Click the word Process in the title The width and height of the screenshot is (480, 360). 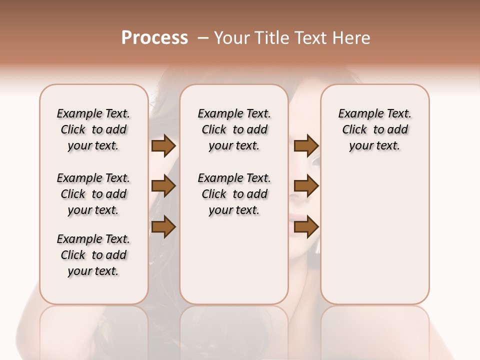pyautogui.click(x=154, y=38)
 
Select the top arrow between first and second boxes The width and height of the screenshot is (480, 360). pyautogui.click(x=163, y=146)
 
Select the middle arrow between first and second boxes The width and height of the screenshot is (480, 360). pyautogui.click(x=163, y=186)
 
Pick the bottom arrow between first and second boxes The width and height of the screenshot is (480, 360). pyautogui.click(x=163, y=227)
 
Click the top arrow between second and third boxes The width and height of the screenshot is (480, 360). pyautogui.click(x=306, y=146)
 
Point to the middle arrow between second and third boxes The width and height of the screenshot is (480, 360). pyautogui.click(x=306, y=186)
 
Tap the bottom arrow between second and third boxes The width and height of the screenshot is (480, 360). pyautogui.click(x=306, y=227)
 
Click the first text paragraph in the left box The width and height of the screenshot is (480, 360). pyautogui.click(x=93, y=129)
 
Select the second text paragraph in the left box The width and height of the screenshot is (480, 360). pyautogui.click(x=93, y=194)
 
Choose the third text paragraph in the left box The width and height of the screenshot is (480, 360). pyautogui.click(x=93, y=255)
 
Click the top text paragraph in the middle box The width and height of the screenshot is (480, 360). pyautogui.click(x=234, y=129)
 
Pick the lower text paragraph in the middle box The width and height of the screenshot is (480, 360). pyautogui.click(x=234, y=194)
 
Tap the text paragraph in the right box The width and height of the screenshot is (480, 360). pyautogui.click(x=374, y=129)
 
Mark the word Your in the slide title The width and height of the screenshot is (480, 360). pyautogui.click(x=230, y=38)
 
